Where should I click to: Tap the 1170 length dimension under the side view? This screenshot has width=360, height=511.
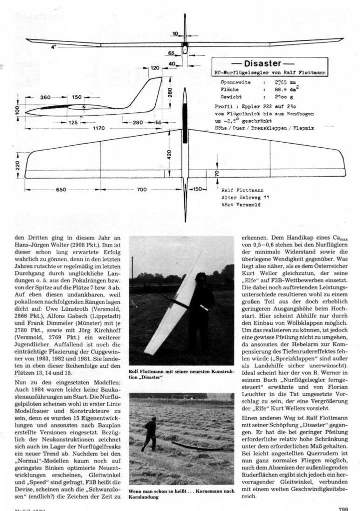point(98,128)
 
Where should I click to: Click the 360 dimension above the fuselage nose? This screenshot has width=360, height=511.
point(45,97)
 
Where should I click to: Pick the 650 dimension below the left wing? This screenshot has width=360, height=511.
point(61,190)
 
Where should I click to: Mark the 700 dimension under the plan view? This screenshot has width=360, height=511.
point(142,190)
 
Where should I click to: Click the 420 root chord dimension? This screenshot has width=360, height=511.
point(170,155)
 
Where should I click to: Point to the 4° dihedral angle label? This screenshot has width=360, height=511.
point(53,47)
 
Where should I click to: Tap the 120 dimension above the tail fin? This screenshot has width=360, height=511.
point(155,68)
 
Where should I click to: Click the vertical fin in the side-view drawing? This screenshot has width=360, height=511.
point(150,92)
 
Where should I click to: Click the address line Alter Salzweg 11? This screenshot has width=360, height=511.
point(244,197)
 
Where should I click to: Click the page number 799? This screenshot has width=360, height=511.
point(343,508)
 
